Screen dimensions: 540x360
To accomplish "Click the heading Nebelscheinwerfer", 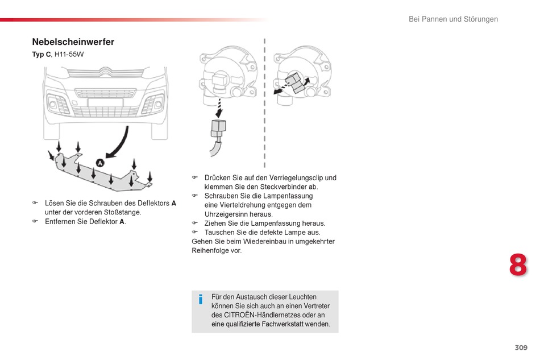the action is [73, 42].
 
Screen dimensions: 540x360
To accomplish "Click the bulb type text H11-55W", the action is [69, 54].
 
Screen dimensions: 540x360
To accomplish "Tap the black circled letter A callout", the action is [100, 163].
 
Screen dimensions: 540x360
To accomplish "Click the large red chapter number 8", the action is [518, 265].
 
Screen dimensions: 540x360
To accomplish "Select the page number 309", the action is [521, 347].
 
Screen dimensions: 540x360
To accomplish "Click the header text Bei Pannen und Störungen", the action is [453, 19].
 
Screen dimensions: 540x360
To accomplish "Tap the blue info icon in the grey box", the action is [201, 299].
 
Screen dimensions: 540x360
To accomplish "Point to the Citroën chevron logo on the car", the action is [106, 72].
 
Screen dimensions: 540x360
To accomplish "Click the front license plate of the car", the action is [105, 103].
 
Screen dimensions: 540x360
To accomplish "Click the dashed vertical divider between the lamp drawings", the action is [264, 103].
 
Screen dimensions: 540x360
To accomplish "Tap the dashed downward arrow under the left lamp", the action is [219, 108].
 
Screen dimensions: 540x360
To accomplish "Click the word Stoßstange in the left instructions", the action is [122, 212].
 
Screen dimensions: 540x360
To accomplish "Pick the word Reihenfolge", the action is [210, 250].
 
